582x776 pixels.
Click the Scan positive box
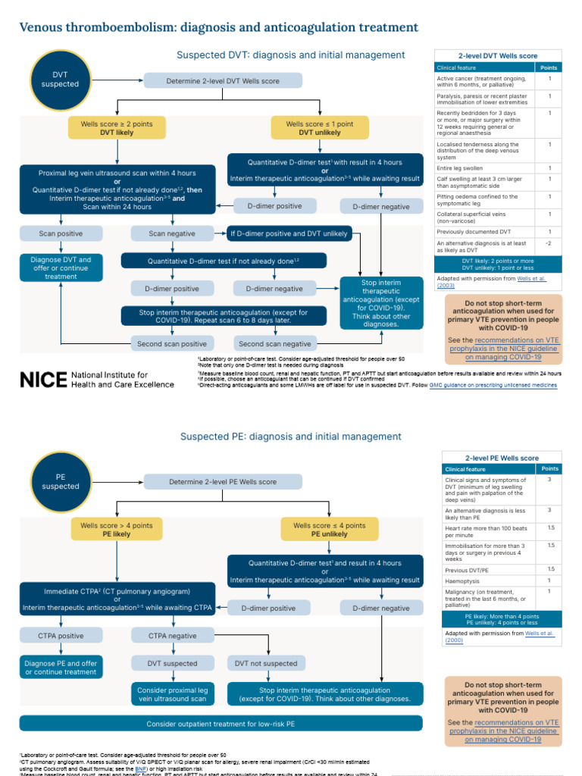coord(60,233)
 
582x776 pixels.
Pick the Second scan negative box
coord(275,343)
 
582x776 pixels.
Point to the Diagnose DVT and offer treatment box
coord(60,268)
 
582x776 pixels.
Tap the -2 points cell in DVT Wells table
coord(547,243)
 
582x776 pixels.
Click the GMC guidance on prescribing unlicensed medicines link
coord(508,385)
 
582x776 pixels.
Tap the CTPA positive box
coord(60,636)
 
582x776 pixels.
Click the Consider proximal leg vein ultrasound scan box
coord(171,694)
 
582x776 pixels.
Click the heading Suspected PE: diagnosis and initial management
coord(291,436)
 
